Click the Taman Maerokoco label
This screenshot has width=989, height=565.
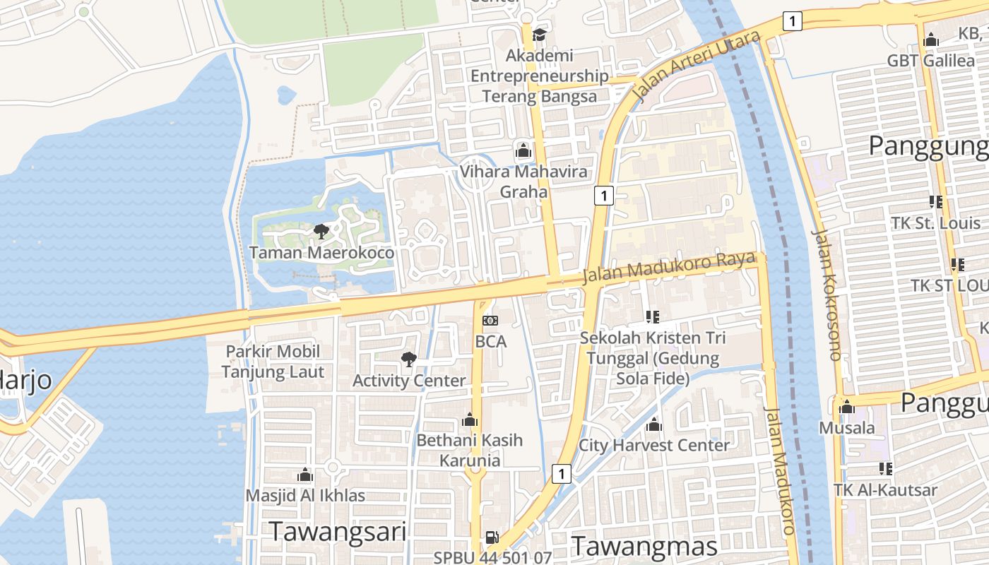[321, 252]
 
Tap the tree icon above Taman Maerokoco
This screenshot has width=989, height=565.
[321, 231]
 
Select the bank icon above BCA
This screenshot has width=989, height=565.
[490, 321]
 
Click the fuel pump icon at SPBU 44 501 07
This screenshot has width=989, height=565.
[492, 537]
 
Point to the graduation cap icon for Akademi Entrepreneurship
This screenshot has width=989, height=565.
[540, 34]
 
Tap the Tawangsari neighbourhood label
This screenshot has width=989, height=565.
[338, 532]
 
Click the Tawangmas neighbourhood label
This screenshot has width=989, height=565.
[644, 546]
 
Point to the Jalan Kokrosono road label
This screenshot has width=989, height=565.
[827, 295]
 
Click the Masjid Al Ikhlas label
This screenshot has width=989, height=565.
[305, 495]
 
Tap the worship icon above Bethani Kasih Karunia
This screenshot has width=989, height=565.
[470, 420]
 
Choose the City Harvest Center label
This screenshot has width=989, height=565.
[653, 446]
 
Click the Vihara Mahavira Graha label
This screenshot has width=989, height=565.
[523, 182]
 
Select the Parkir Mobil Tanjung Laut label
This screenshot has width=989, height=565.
[273, 362]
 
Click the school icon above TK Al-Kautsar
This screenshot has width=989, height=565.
[885, 469]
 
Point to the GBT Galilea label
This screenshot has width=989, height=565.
[930, 61]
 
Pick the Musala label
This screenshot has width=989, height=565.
[846, 428]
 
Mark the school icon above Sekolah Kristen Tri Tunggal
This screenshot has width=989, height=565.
[652, 317]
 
